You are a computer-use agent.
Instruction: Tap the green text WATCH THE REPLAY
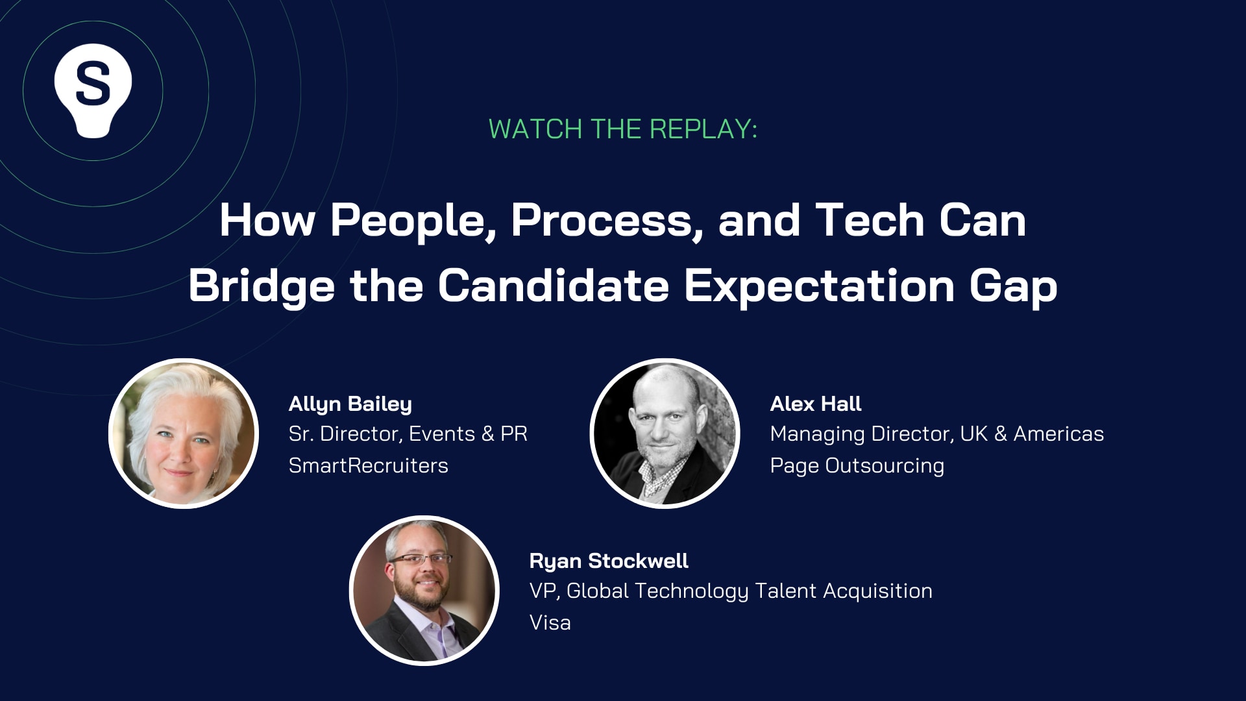(x=622, y=129)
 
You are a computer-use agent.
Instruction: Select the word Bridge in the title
(x=262, y=286)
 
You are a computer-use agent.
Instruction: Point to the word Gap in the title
(x=1013, y=286)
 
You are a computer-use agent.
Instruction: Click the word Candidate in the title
(x=553, y=286)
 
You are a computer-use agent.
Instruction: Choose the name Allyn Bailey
(x=350, y=404)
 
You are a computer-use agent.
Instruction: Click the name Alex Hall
(x=816, y=404)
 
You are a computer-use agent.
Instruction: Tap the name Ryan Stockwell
(x=609, y=561)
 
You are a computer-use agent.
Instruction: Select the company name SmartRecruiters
(x=368, y=465)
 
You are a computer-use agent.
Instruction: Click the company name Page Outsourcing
(x=857, y=465)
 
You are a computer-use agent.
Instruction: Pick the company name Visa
(x=550, y=622)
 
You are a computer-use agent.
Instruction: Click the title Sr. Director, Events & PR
(x=408, y=434)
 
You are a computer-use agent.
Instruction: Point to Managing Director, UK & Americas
(x=936, y=434)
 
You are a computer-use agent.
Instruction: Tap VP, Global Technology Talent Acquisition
(x=731, y=591)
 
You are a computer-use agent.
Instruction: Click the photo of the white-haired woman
(x=184, y=434)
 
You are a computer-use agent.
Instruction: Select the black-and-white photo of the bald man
(x=665, y=434)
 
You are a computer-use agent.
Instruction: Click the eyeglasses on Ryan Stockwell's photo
(x=421, y=559)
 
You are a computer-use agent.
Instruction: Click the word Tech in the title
(x=870, y=221)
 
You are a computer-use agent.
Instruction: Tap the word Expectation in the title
(x=819, y=286)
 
